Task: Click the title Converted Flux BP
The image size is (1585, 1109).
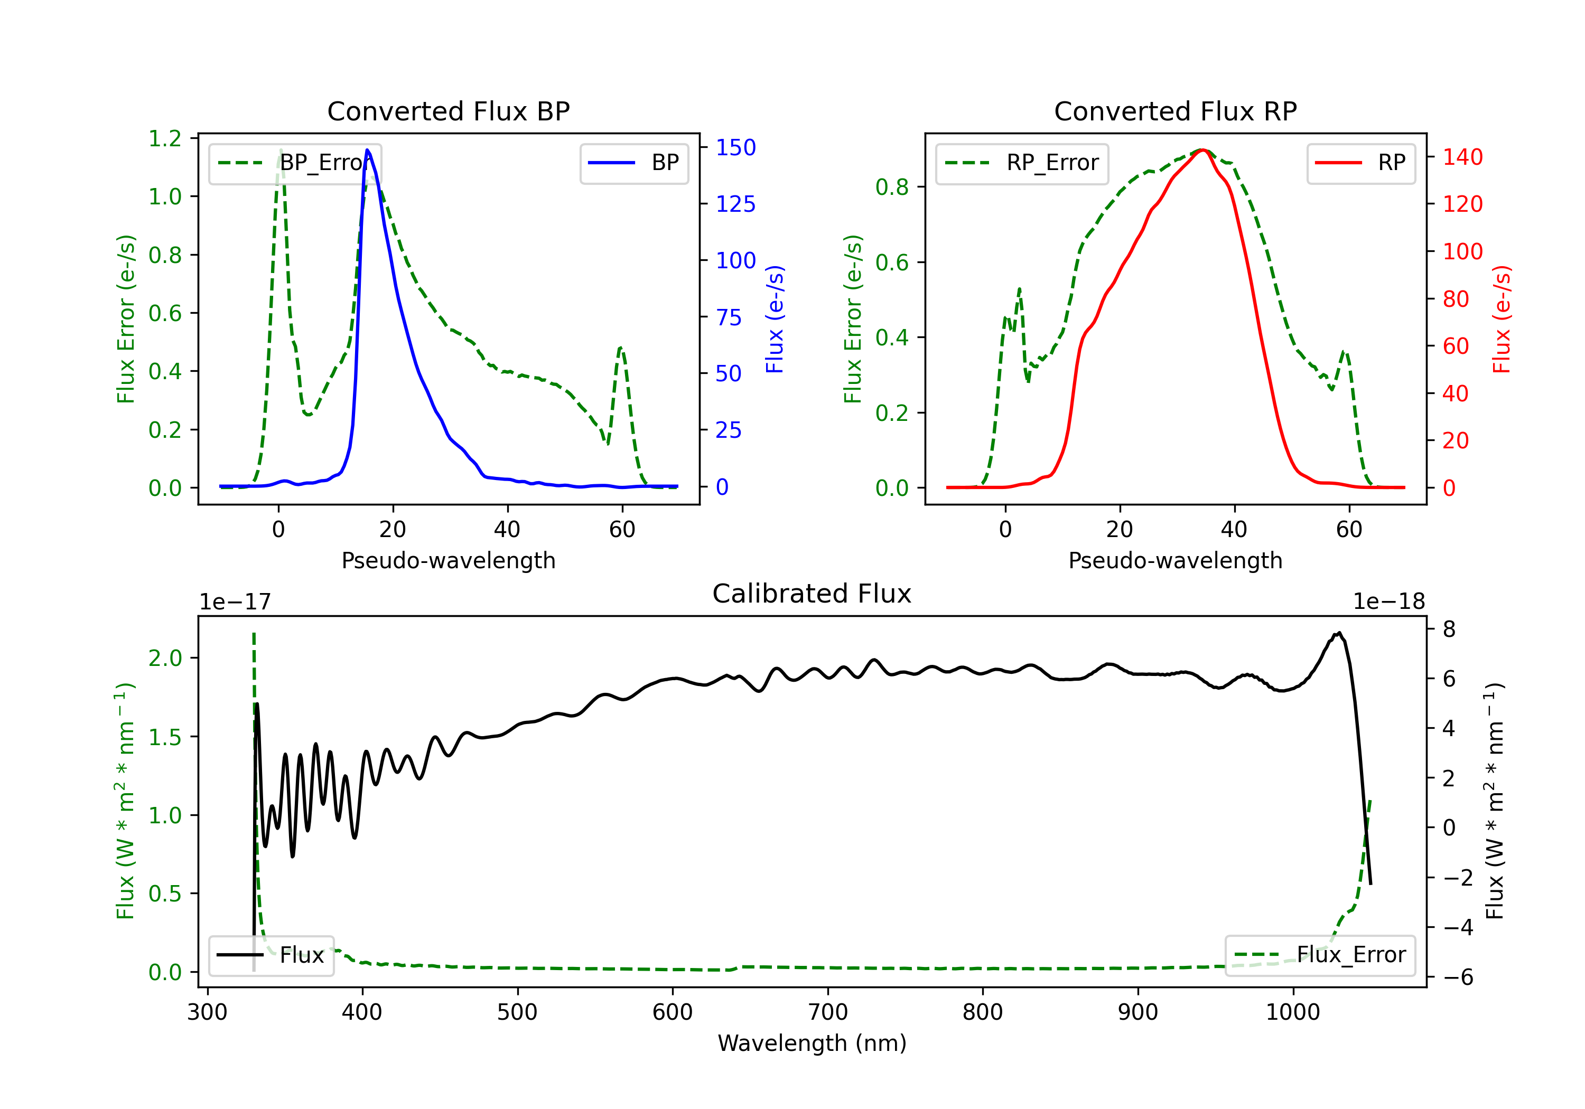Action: point(448,111)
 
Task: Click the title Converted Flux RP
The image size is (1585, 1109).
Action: point(1175,111)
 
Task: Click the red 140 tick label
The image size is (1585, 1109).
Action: point(1462,157)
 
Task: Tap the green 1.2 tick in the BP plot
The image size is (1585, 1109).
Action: point(165,139)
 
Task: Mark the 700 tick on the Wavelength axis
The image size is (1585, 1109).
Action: point(828,1012)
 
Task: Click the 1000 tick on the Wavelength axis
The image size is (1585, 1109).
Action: point(1292,1012)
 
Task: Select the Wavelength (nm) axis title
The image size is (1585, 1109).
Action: point(812,1043)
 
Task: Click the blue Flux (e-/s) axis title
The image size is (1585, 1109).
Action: point(775,319)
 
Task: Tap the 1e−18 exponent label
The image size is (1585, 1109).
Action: point(1389,602)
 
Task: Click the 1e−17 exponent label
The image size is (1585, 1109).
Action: point(235,602)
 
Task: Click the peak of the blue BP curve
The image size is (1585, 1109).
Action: point(367,150)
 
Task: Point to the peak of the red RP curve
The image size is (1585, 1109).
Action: point(1202,150)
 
